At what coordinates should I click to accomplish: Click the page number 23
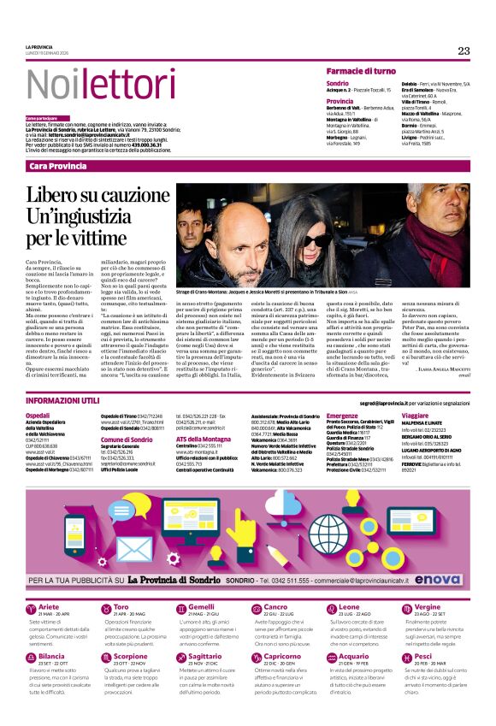[x=464, y=51]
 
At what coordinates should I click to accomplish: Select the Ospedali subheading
[x=38, y=415]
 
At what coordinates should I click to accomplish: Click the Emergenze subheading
[x=342, y=415]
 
